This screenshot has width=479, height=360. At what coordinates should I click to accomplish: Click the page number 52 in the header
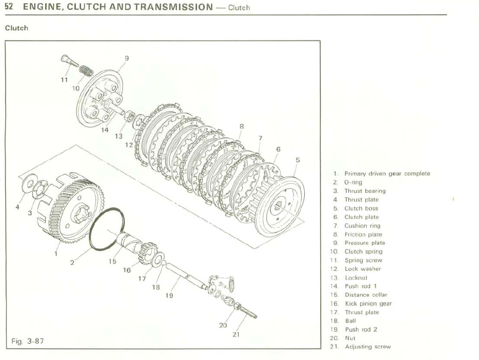pyautogui.click(x=9, y=7)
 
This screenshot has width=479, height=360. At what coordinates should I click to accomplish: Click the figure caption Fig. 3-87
pyautogui.click(x=28, y=341)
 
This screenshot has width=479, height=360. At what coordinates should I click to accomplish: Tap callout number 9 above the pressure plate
pyautogui.click(x=127, y=59)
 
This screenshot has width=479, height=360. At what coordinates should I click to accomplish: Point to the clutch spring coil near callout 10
pyautogui.click(x=85, y=70)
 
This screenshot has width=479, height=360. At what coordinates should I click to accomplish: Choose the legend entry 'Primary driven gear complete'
pyautogui.click(x=387, y=173)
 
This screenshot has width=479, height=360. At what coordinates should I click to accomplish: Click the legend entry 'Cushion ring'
pyautogui.click(x=362, y=226)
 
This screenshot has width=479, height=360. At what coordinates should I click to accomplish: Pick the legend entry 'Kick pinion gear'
pyautogui.click(x=368, y=304)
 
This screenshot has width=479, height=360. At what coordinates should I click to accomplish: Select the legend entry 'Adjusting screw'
pyautogui.click(x=368, y=347)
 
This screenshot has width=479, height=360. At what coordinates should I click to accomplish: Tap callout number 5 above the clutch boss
pyautogui.click(x=297, y=160)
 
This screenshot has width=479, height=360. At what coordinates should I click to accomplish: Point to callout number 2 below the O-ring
pyautogui.click(x=72, y=263)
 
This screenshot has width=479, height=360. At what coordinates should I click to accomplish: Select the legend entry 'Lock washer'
pyautogui.click(x=362, y=269)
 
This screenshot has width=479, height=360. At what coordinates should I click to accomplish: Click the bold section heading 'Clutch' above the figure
pyautogui.click(x=17, y=28)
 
